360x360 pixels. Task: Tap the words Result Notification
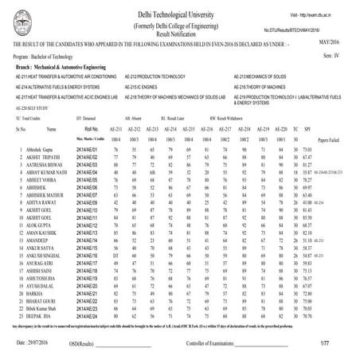(180, 36)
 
